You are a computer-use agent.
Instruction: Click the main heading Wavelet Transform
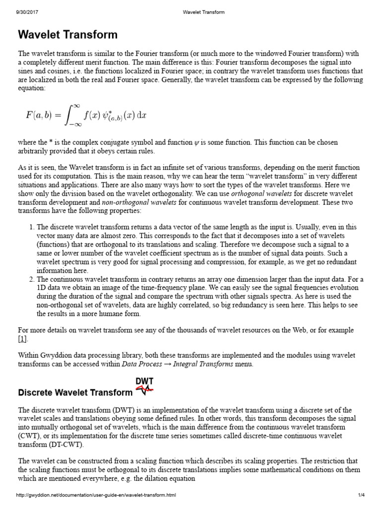68,35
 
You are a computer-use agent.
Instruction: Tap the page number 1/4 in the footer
361,495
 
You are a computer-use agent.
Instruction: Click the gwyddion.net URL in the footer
96,495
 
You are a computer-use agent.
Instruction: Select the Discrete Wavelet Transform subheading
75,392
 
